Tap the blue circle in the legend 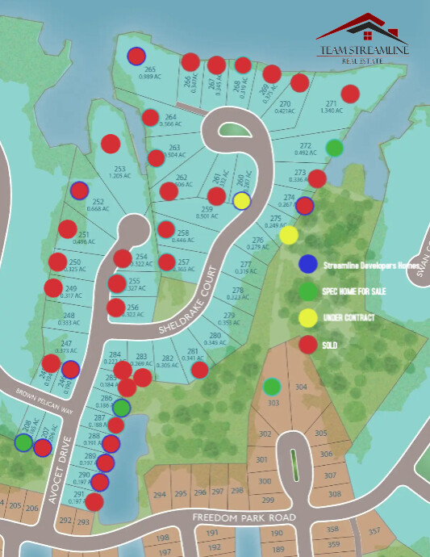307,263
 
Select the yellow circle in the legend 307,317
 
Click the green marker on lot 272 335,148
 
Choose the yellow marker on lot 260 241,201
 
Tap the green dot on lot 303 272,387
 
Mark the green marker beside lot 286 121,408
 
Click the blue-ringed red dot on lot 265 136,56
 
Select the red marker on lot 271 349,94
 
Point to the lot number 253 119,169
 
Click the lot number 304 301,387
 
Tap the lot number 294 160,494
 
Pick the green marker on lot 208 23,442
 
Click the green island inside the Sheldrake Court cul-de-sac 233,130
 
